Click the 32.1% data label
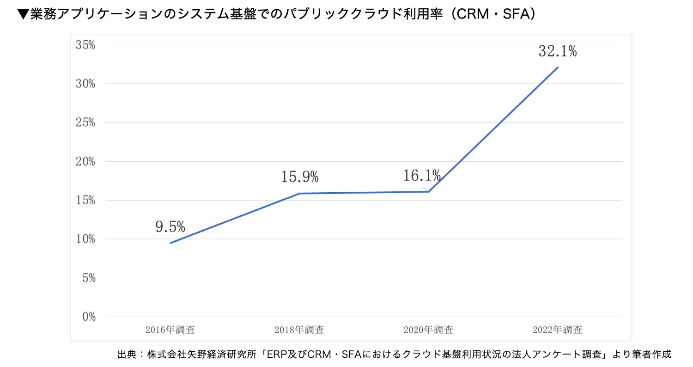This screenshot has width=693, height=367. pyautogui.click(x=557, y=51)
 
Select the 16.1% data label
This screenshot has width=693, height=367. pyautogui.click(x=422, y=176)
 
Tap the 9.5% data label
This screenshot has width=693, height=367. pyautogui.click(x=170, y=226)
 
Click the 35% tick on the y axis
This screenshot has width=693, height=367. pyautogui.click(x=85, y=45)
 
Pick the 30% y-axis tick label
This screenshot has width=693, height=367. pyautogui.click(x=85, y=84)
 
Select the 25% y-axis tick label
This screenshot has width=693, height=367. pyautogui.click(x=85, y=123)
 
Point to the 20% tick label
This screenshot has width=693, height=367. pyautogui.click(x=85, y=162)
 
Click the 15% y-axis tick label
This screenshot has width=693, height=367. pyautogui.click(x=85, y=201)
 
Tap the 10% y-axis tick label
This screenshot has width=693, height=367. pyautogui.click(x=85, y=239)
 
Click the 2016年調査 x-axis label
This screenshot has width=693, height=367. pyautogui.click(x=170, y=330)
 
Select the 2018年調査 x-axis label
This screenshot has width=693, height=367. pyautogui.click(x=299, y=330)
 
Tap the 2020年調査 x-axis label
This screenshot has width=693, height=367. pyautogui.click(x=428, y=330)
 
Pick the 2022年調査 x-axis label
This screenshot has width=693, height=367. pyautogui.click(x=557, y=330)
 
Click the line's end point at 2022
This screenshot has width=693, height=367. pyautogui.click(x=558, y=67)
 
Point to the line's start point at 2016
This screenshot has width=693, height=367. pyautogui.click(x=170, y=243)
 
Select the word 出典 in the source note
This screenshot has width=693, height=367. pyautogui.click(x=127, y=355)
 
